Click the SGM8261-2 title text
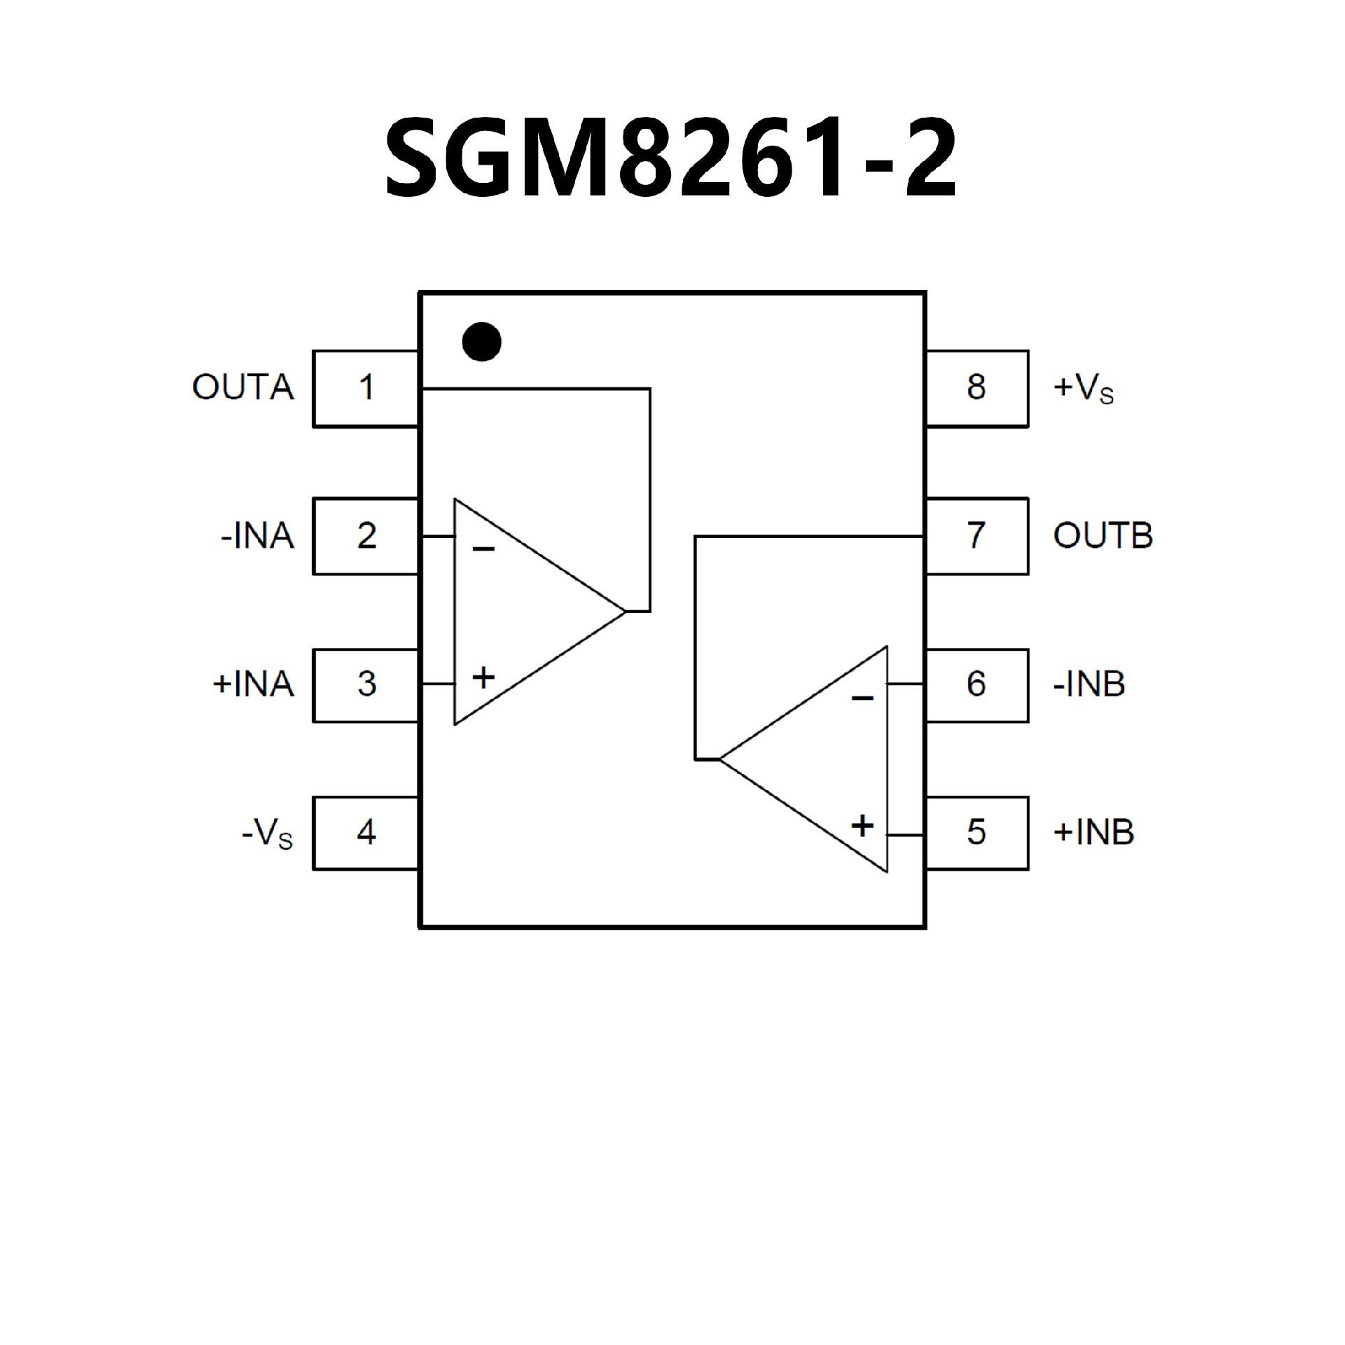coord(671,160)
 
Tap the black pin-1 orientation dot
coord(482,342)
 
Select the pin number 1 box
coord(365,388)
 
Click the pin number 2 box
coord(365,536)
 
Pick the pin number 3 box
coord(365,684)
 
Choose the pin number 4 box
coord(365,832)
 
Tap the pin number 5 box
coord(977,832)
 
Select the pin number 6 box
coord(977,684)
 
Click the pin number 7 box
coord(977,536)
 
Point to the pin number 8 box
coord(977,388)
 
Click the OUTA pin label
coord(243,388)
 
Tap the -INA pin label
coord(257,537)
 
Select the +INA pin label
coord(253,684)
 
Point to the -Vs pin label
coord(267,834)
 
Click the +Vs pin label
coord(1083,389)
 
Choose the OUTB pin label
coord(1103,537)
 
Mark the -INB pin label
coord(1089,684)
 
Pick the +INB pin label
coord(1093,832)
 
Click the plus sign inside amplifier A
coord(483,677)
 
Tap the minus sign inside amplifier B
coord(862,698)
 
